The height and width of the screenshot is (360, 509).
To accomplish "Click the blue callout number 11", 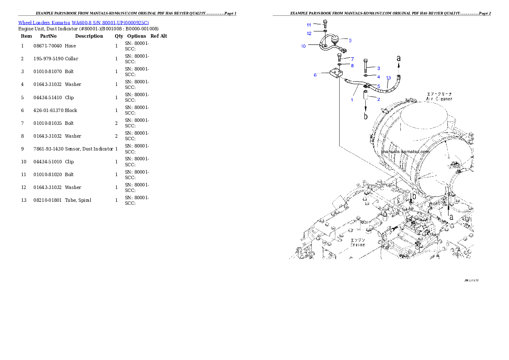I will click(309, 25).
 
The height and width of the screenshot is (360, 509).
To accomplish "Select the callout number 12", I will click(309, 33).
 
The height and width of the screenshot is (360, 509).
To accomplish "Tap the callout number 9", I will click(350, 41).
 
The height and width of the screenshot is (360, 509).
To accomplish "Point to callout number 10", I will click(303, 46).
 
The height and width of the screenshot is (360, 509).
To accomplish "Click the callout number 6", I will click(315, 75).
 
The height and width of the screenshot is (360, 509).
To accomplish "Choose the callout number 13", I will click(388, 78).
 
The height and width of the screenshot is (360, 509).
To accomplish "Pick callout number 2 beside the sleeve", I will click(378, 99).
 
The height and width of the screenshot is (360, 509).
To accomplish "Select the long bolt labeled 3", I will click(366, 66).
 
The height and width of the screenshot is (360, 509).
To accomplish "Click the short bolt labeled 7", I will click(339, 57).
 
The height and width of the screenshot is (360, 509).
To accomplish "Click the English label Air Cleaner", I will click(439, 99).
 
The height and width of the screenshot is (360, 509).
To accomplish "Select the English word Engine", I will click(358, 245).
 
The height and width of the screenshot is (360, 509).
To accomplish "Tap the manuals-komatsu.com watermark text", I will click(405, 151).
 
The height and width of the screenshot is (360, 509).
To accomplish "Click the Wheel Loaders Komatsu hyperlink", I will click(83, 23).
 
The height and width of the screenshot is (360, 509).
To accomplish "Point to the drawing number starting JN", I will click(471, 280).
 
